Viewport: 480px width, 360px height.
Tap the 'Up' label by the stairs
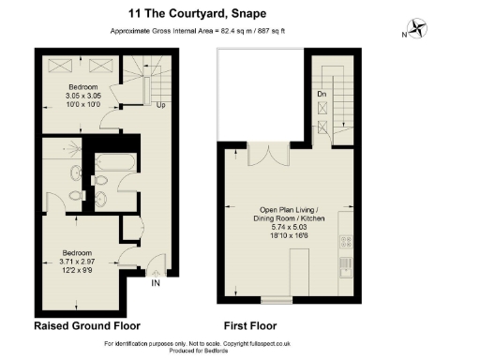click(x=162, y=104)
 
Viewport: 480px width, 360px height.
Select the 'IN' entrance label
click(x=156, y=282)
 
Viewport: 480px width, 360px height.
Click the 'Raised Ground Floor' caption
click(x=87, y=326)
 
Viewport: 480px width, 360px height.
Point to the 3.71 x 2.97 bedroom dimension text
click(x=77, y=262)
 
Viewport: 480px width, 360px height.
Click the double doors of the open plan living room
click(x=270, y=154)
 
